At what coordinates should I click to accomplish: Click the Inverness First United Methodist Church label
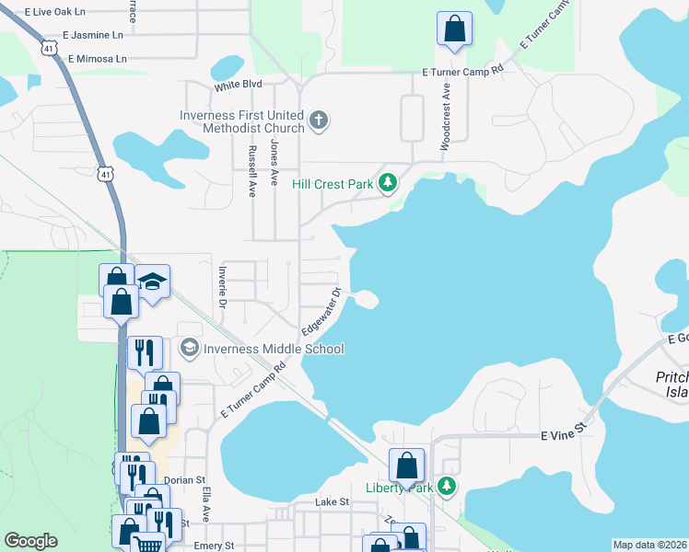point(242,121)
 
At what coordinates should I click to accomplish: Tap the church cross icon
point(319,121)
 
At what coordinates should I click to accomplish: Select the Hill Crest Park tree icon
point(388,183)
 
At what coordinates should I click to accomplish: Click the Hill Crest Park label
point(332,184)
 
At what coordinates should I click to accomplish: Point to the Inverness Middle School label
point(274,349)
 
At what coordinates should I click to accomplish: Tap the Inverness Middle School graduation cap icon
point(189,348)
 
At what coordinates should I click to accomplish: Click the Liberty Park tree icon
point(447,486)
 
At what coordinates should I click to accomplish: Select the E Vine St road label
point(563,431)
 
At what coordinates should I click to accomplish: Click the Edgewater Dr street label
point(321,312)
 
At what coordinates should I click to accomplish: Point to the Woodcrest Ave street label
point(446,119)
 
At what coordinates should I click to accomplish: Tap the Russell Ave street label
point(251,171)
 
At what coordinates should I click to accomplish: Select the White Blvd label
point(239,85)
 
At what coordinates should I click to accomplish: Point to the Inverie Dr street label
point(222,286)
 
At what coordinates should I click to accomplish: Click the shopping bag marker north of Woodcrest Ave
point(454,29)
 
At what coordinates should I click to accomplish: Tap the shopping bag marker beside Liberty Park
point(406,466)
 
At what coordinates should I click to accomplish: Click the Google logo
point(30,541)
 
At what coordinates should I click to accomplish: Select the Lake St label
point(333,502)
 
